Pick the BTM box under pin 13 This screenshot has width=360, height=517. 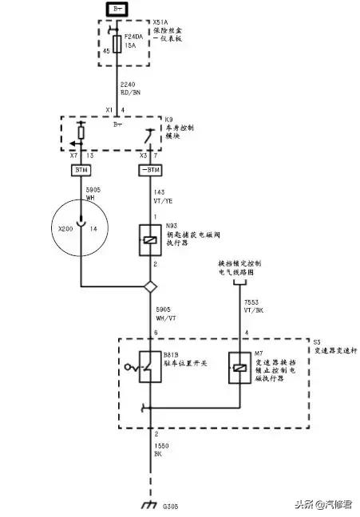click(x=81, y=171)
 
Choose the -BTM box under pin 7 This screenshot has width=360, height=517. click(x=150, y=171)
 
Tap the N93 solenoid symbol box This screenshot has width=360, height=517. click(x=150, y=239)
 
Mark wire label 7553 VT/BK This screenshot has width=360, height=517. click(x=254, y=308)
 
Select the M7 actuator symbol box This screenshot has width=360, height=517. click(x=236, y=367)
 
